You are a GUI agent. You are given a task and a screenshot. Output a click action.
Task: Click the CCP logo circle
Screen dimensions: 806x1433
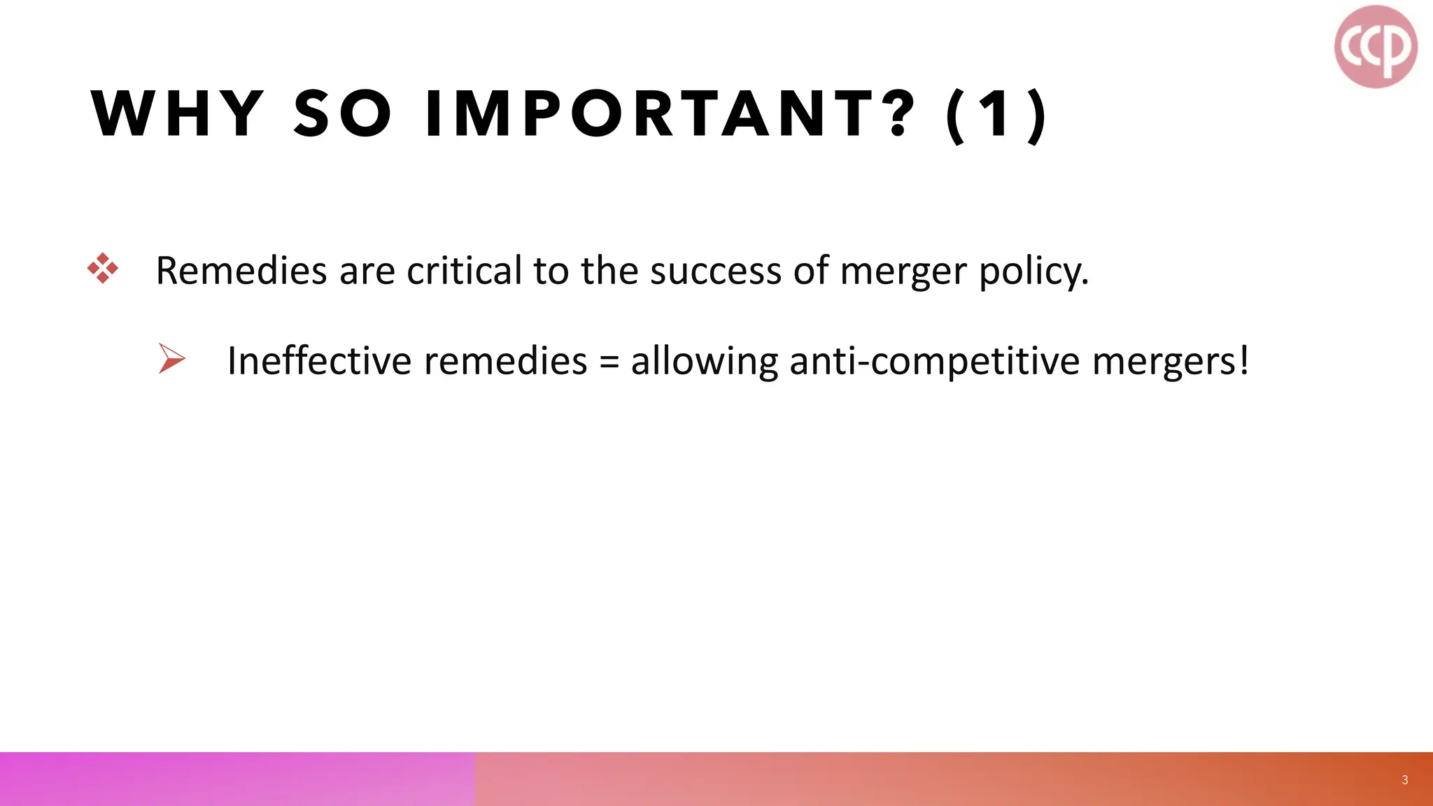pos(1376,47)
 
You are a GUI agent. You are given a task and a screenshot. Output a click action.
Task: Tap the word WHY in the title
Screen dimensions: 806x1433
pos(178,113)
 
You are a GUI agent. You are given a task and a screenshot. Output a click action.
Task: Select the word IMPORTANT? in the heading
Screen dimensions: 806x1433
pos(670,113)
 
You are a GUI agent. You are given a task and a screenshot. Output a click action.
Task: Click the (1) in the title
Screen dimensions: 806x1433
pos(996,115)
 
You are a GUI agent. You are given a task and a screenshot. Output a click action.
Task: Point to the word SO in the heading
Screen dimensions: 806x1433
pos(343,113)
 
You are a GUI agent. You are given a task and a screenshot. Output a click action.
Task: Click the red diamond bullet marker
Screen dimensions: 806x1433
pos(103,269)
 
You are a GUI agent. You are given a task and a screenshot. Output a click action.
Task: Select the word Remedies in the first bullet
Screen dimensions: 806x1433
pos(241,271)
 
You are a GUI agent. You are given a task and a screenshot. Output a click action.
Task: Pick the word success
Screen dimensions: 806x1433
pos(714,271)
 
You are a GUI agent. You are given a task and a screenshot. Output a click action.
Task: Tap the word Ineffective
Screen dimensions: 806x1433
pos(319,361)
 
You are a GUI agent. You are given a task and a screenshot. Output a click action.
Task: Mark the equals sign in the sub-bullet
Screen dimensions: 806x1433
pos(609,362)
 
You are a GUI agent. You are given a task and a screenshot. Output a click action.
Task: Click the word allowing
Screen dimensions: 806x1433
pos(704,362)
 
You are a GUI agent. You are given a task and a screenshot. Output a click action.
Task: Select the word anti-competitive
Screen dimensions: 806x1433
pos(934,362)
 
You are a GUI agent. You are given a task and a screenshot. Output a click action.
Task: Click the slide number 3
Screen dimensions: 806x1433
pos(1404,780)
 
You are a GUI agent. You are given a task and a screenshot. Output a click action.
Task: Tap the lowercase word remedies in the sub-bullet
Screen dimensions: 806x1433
pos(505,361)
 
